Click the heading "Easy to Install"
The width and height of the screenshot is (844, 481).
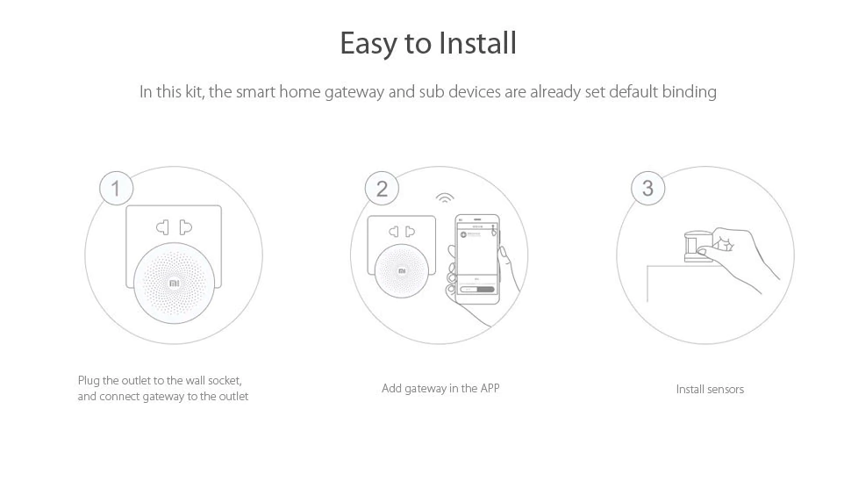click(428, 43)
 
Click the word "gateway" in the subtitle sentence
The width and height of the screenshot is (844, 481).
click(355, 91)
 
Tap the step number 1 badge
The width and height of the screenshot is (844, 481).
click(116, 188)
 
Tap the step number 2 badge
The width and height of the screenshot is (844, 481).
click(382, 188)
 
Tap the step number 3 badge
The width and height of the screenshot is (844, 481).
click(647, 188)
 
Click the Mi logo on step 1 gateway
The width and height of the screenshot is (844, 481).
click(174, 284)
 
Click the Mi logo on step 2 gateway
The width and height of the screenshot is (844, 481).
click(403, 271)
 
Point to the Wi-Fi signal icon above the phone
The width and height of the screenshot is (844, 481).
click(445, 198)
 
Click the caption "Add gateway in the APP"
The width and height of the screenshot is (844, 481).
click(440, 388)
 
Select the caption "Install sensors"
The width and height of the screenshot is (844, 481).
click(710, 389)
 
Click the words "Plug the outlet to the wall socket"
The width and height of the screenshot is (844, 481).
click(160, 380)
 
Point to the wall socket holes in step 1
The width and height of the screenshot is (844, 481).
click(174, 227)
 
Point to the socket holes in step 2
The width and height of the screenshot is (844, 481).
click(403, 232)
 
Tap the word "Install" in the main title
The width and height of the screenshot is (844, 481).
click(478, 43)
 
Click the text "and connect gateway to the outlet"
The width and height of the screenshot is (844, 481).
click(163, 397)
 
